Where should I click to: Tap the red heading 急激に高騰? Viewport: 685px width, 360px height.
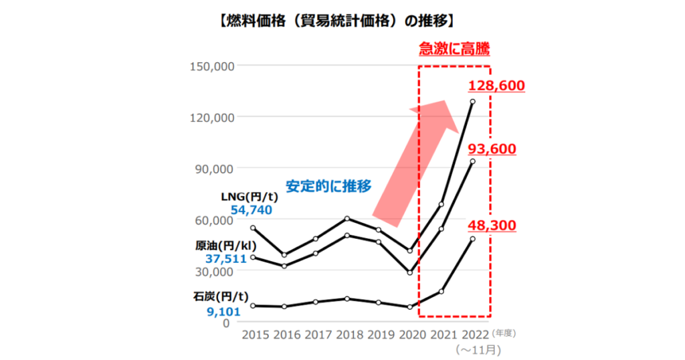click(x=454, y=49)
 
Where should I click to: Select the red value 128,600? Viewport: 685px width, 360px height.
click(x=496, y=86)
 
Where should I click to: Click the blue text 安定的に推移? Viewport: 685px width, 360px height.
click(x=328, y=187)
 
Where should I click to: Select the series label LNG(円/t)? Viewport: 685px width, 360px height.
click(x=250, y=197)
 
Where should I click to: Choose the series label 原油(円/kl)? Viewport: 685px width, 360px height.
click(x=226, y=245)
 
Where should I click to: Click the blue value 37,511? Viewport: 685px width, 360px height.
click(x=226, y=259)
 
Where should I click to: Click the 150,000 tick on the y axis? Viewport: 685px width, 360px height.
click(x=212, y=66)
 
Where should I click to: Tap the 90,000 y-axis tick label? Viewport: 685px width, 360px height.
click(x=215, y=169)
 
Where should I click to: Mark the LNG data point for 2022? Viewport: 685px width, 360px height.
click(x=472, y=102)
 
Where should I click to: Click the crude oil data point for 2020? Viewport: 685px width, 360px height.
click(x=409, y=273)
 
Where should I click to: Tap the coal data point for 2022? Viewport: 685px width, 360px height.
click(x=472, y=239)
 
